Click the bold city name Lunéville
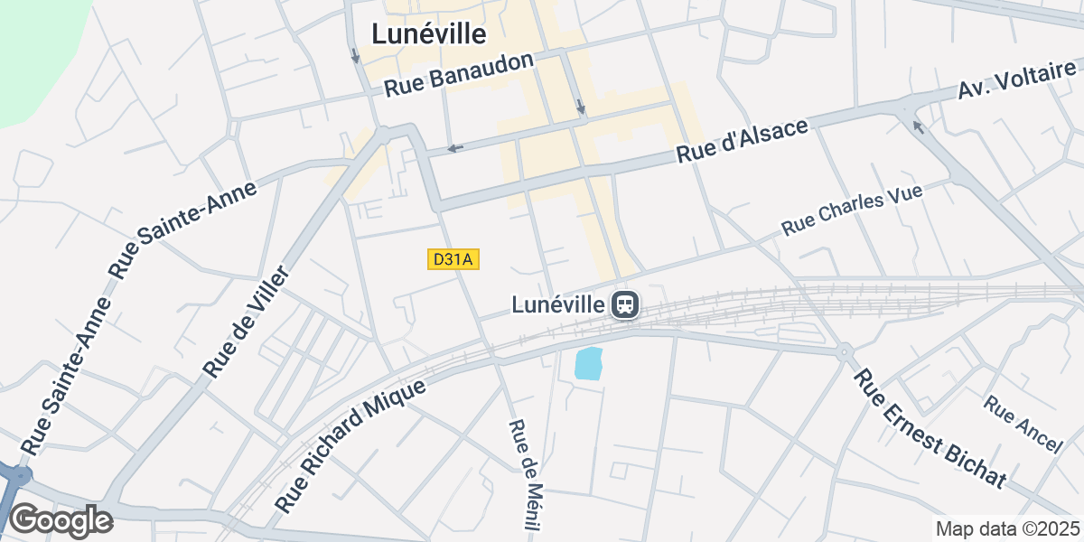click(429, 34)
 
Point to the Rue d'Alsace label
click(742, 141)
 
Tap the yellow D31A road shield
click(452, 260)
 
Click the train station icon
click(625, 305)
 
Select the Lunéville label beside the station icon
click(556, 305)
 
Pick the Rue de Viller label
click(245, 322)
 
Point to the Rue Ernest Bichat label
click(930, 428)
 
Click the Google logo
click(61, 521)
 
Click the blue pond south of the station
click(588, 363)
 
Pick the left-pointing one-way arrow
click(455, 148)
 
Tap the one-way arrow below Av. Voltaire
click(918, 126)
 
